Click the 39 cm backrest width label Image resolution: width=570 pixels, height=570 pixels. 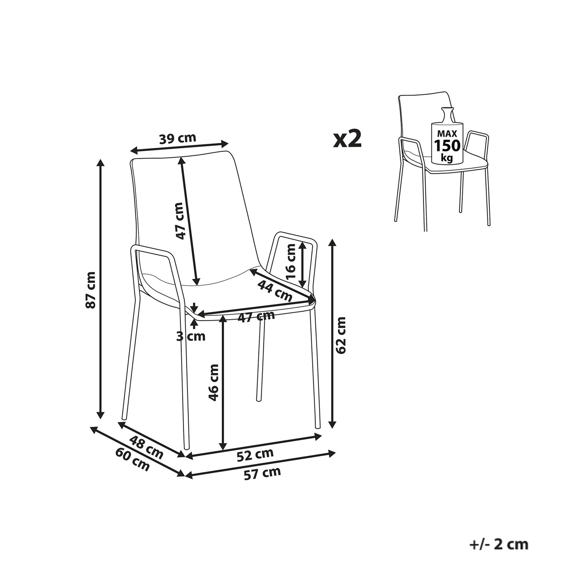point(178,138)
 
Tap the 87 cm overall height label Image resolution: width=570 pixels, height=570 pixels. point(90,290)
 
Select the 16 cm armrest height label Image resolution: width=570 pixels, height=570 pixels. point(291,261)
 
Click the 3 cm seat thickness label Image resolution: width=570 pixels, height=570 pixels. point(191,336)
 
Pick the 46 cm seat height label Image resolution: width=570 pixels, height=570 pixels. point(214,383)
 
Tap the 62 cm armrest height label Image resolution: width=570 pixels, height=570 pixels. point(341,335)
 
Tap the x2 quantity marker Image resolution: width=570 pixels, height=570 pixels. point(347,139)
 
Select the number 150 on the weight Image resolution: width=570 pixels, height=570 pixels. point(447,146)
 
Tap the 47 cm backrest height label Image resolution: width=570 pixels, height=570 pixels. point(180,221)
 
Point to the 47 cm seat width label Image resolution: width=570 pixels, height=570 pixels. point(256,317)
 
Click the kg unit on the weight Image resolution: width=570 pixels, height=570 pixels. point(447,158)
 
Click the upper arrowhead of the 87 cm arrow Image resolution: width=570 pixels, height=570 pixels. point(101,163)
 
